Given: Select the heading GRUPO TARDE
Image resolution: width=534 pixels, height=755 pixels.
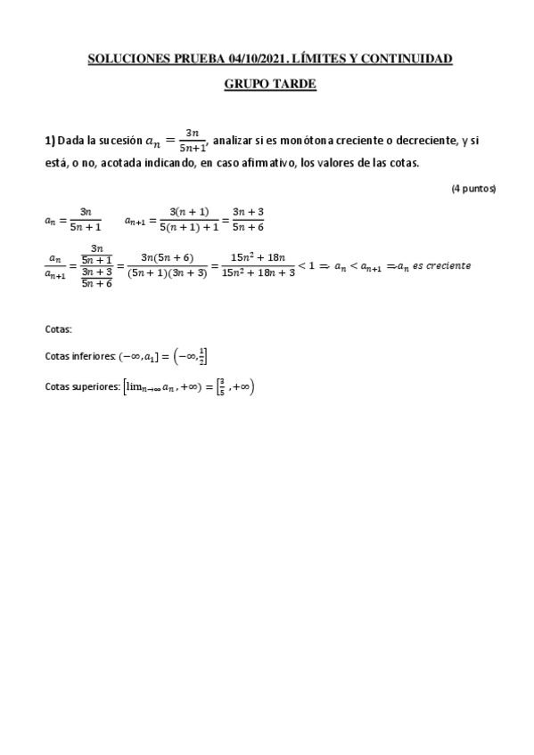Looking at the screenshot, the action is click(269, 85).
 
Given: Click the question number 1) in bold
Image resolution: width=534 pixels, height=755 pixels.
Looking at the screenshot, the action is click(50, 141).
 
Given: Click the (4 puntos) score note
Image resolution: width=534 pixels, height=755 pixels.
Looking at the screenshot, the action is click(472, 189).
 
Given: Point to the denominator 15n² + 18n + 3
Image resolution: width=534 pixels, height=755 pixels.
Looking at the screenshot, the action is click(257, 273).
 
